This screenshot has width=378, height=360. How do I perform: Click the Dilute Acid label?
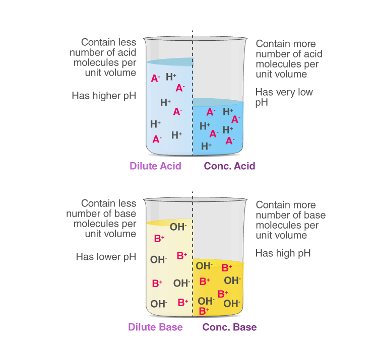155,166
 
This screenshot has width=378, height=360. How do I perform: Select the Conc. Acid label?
229,166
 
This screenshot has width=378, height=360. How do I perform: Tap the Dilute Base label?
155,327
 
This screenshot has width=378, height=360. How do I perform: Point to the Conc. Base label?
229,327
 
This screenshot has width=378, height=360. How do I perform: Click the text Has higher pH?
104,95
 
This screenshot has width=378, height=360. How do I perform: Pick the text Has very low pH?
284,97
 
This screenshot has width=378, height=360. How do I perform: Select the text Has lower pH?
106,257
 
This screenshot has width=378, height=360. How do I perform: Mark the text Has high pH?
283,253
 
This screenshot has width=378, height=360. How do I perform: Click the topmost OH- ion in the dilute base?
178,227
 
